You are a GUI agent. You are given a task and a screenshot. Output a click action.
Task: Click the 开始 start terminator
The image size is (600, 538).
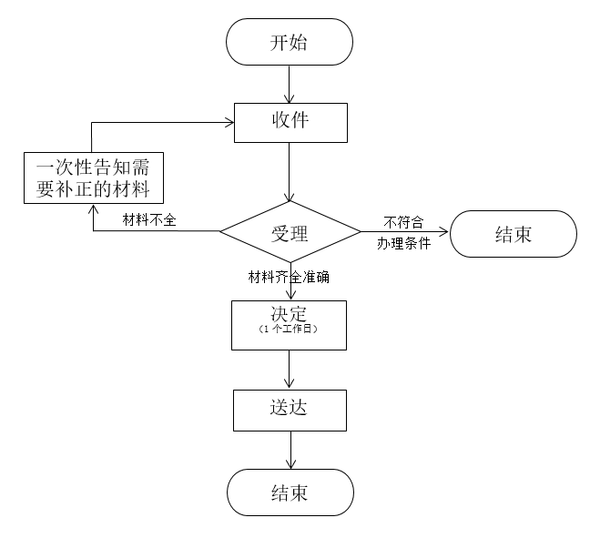[290, 42]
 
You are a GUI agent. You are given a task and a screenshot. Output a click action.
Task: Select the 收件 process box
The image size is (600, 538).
[290, 123]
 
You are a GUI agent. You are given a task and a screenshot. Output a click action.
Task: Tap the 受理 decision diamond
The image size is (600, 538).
[290, 232]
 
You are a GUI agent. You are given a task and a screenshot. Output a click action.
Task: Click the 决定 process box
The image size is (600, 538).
[290, 324]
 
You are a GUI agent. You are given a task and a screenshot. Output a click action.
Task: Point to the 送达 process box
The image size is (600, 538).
[290, 410]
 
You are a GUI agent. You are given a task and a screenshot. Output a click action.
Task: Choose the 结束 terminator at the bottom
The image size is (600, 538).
[290, 492]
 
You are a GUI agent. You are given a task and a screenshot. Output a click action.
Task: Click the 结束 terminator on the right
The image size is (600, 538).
[513, 235]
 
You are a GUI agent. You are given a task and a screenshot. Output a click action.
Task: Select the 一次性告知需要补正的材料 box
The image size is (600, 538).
[92, 178]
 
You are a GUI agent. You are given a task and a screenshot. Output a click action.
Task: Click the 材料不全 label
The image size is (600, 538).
[149, 219]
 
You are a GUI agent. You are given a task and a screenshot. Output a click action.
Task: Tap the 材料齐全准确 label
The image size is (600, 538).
[290, 277]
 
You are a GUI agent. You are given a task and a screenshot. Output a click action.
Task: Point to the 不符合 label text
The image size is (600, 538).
[403, 221]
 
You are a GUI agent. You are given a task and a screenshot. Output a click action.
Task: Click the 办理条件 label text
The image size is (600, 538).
[403, 243]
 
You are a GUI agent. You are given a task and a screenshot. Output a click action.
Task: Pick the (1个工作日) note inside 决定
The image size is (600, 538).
[290, 330]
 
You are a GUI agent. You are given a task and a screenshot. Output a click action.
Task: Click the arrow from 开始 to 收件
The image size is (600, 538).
[290, 84]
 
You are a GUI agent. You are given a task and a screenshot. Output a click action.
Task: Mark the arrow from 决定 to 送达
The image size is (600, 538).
[290, 370]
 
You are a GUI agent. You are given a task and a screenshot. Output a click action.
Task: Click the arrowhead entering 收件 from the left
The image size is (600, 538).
[229, 123]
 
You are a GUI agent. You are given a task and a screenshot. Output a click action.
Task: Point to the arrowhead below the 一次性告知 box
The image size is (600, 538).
[92, 208]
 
